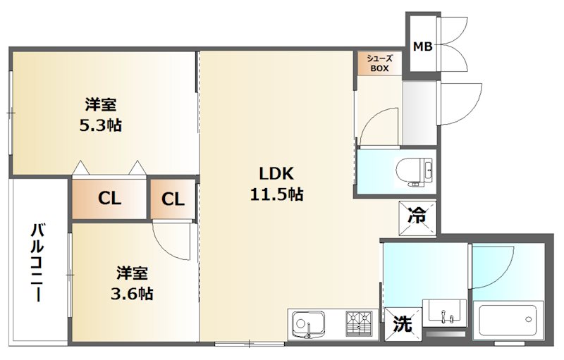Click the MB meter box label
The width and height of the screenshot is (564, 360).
[x=422, y=46]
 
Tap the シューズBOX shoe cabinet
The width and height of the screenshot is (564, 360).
[x=379, y=63]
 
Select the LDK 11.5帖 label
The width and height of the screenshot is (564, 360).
[x=276, y=184]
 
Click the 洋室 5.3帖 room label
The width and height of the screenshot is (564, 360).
[x=100, y=115]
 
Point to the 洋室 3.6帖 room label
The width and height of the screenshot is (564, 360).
[x=132, y=283]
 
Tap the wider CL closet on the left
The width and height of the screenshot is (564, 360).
[x=109, y=199]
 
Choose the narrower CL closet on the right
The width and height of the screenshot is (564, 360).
[x=173, y=199]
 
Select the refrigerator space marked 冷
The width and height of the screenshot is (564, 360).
[x=417, y=218]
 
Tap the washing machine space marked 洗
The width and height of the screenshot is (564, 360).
[x=403, y=323]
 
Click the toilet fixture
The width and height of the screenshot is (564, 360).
[x=415, y=171]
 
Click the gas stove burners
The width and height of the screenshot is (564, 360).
[x=358, y=323]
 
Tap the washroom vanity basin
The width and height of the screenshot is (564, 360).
[x=445, y=313]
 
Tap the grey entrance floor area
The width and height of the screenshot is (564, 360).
[x=419, y=113]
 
